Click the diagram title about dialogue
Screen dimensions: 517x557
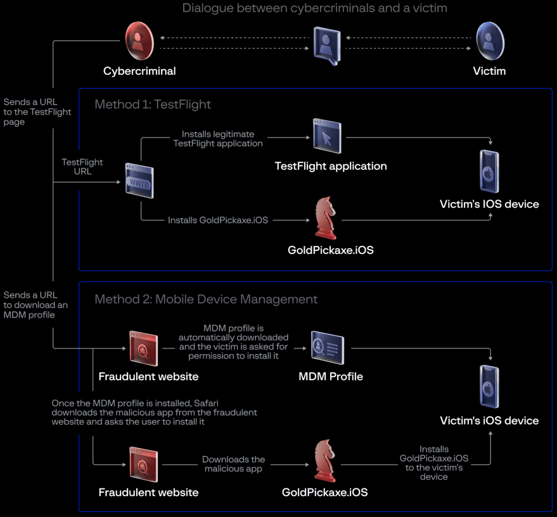pyautogui.click(x=314, y=9)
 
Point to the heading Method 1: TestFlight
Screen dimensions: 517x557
pyautogui.click(x=153, y=105)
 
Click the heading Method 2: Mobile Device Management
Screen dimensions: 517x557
pyautogui.click(x=206, y=299)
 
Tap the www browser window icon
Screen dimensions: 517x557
pyautogui.click(x=139, y=182)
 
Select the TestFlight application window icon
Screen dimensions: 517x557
pyautogui.click(x=327, y=135)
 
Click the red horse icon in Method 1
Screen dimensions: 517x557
pyautogui.click(x=324, y=219)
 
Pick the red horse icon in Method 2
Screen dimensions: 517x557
pyautogui.click(x=324, y=461)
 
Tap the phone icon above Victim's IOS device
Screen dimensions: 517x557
pyautogui.click(x=489, y=171)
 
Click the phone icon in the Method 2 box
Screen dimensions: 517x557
pyautogui.click(x=489, y=386)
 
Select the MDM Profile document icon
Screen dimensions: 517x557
pyautogui.click(x=328, y=347)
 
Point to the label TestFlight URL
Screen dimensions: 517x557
pyautogui.click(x=82, y=167)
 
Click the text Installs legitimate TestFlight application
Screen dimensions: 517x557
pyautogui.click(x=217, y=139)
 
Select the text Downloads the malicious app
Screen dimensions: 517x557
pyautogui.click(x=233, y=464)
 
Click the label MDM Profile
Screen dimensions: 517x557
pyautogui.click(x=331, y=376)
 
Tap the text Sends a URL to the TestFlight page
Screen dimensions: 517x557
pyautogui.click(x=37, y=112)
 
